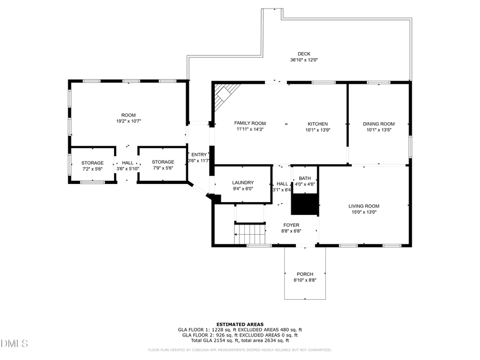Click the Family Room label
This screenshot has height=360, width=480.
tap(250, 123)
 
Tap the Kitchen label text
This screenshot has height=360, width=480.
tap(317, 124)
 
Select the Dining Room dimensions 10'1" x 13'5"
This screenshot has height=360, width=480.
tap(379, 130)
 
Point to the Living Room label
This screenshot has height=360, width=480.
tap(364, 206)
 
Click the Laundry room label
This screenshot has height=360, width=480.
tap(242, 182)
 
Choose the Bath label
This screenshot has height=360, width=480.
tap(305, 178)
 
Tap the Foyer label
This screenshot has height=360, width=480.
tap(291, 225)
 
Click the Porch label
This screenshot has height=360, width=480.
tap(305, 274)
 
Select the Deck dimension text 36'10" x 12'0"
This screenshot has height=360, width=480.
tap(303, 60)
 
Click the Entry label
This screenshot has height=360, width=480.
tap(198, 155)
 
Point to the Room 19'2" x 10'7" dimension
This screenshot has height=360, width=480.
tap(128, 121)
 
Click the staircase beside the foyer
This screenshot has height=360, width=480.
tap(250, 234)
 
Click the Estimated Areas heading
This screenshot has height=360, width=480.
tap(239, 324)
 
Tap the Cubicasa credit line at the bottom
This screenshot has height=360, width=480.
tap(239, 350)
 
